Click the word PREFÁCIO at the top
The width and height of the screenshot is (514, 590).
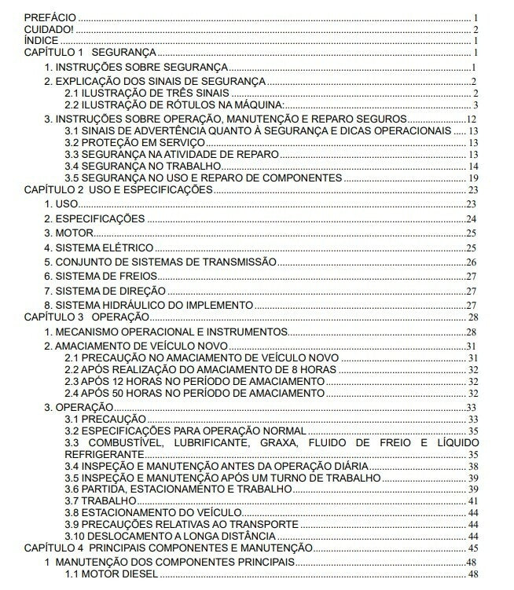coord(51,16)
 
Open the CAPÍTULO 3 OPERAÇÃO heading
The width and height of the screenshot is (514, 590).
coord(86,317)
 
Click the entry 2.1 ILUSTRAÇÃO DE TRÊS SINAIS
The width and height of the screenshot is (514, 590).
coord(129,93)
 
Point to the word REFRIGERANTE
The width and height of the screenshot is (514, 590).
coord(105,454)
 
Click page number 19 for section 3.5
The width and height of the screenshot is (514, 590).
coord(473,178)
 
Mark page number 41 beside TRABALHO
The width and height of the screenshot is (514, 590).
coord(473,500)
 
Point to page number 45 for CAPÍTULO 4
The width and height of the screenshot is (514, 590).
coord(473,548)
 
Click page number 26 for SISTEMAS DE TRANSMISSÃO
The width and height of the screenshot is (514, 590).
coord(472,262)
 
